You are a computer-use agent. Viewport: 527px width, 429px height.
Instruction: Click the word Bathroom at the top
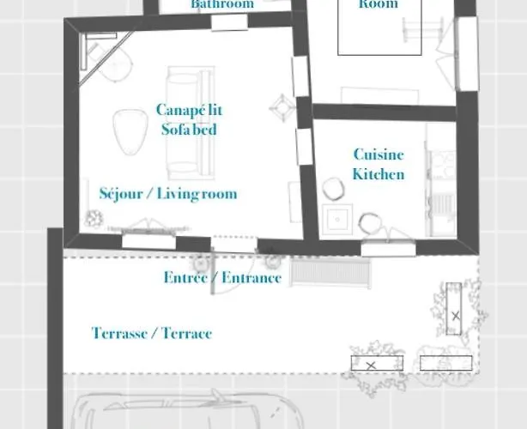[x=222, y=4]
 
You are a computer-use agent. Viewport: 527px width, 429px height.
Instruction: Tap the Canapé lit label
[x=189, y=110]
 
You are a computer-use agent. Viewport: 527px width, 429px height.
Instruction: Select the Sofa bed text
[x=189, y=130]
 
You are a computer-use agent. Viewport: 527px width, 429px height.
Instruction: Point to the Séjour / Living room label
[x=168, y=194]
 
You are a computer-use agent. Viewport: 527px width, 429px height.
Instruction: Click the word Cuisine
[x=379, y=154]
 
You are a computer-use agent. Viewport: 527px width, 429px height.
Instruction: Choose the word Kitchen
[x=379, y=174]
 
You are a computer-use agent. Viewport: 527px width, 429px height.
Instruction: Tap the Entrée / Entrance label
[x=222, y=278]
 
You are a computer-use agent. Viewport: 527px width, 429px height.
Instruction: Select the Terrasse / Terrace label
[x=152, y=333]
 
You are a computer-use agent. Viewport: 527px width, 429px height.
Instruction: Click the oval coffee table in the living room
[x=129, y=129]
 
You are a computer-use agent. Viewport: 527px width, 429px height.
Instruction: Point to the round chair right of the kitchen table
[x=370, y=223]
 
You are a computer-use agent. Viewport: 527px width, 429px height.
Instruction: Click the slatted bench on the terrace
[x=330, y=272]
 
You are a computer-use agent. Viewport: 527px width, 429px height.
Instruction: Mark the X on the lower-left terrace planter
[x=371, y=364]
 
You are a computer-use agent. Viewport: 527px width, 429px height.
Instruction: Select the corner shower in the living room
[x=105, y=58]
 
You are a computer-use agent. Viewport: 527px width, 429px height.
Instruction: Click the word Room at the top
[x=379, y=4]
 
